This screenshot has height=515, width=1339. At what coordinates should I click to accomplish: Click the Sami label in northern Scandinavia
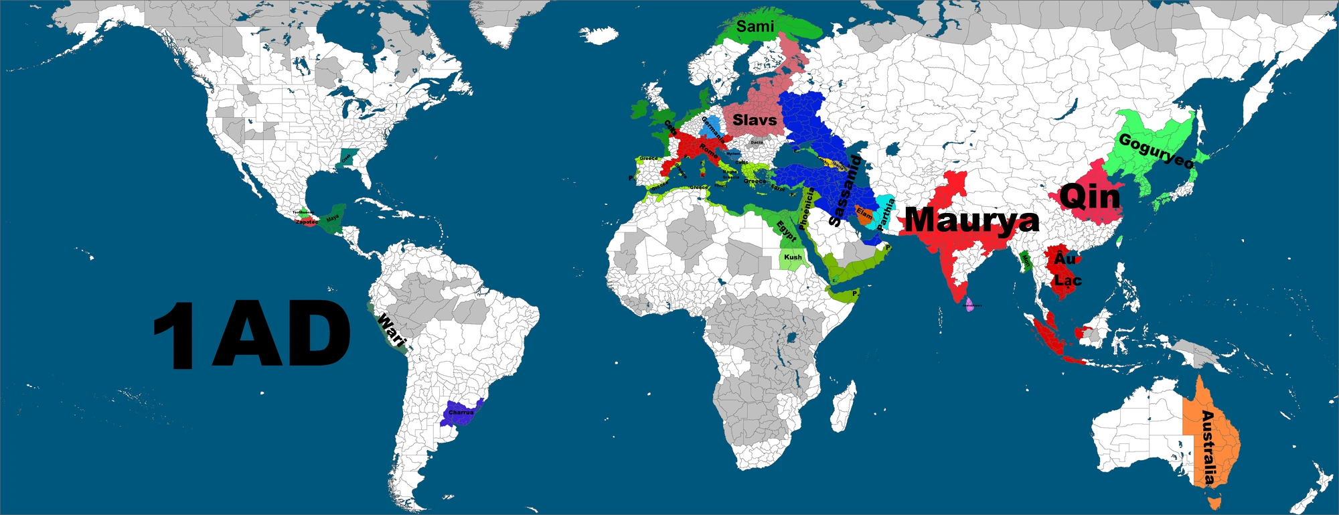[x=755, y=27]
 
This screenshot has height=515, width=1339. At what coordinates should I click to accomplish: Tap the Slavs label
[x=755, y=121]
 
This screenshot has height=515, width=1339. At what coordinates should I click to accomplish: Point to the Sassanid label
[x=844, y=190]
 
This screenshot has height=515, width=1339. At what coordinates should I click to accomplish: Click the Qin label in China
[x=1090, y=197]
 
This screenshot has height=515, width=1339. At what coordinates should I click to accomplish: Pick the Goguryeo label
[x=1156, y=151]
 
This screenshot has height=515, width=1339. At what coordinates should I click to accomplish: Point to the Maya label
[x=333, y=218]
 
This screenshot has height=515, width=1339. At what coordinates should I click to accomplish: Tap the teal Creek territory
[x=346, y=158]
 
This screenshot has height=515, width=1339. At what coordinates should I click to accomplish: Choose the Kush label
[x=793, y=257]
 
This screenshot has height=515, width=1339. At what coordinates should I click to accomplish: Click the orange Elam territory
[x=864, y=215]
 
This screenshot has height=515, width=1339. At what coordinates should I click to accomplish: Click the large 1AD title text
[x=251, y=334]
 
